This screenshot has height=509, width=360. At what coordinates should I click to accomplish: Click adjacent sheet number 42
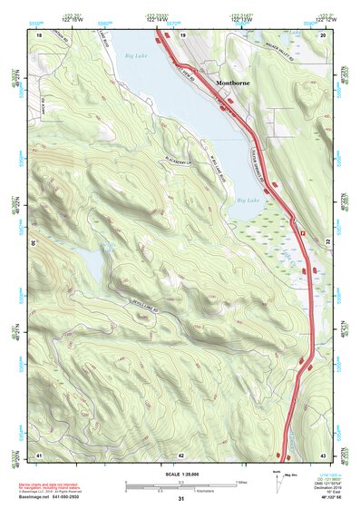[x=182, y=454]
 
